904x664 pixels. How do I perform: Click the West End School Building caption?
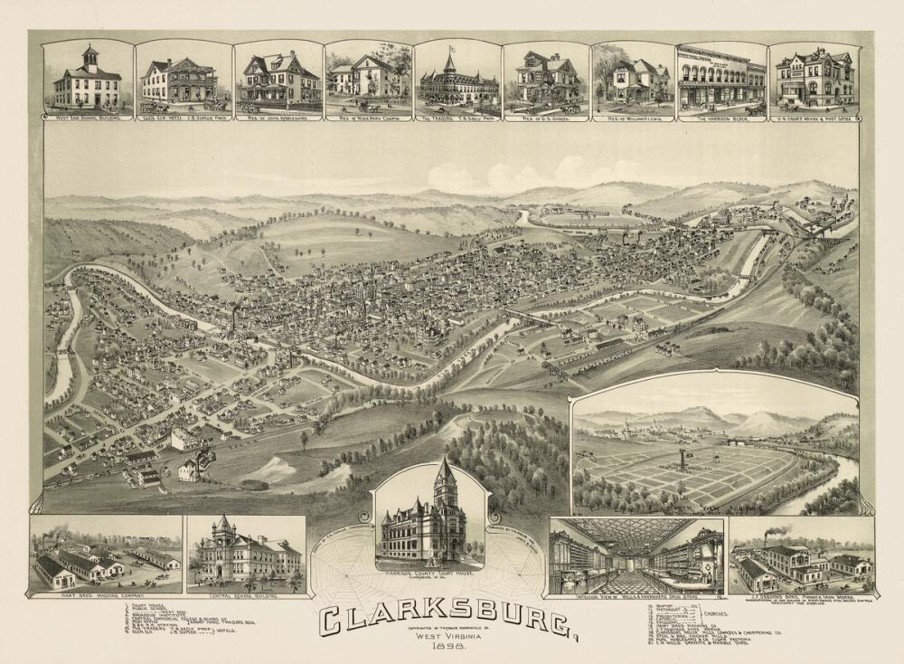tap(88, 118)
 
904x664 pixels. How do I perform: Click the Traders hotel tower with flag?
tap(449, 62)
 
